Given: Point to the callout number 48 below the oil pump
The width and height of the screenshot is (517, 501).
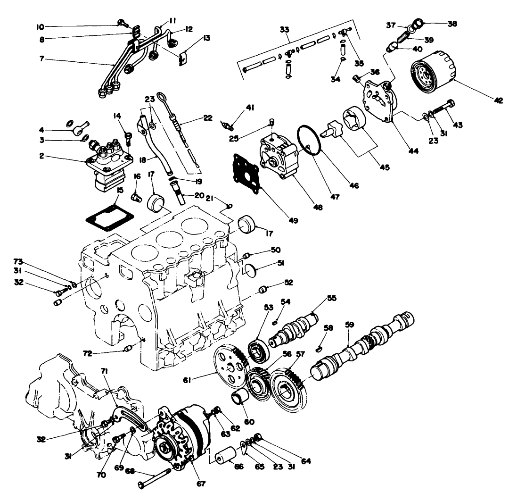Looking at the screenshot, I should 318,206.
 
